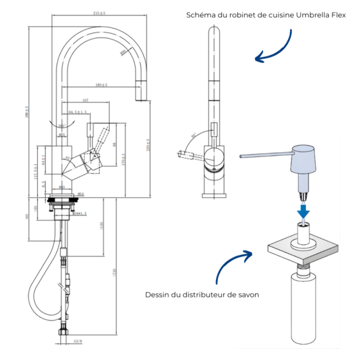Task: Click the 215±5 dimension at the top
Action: [x=99, y=13]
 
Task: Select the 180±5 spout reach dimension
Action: [x=101, y=85]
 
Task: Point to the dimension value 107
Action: [x=85, y=100]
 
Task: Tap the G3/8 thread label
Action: [x=78, y=341]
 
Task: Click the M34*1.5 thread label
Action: [x=80, y=214]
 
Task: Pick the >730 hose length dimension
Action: [x=114, y=273]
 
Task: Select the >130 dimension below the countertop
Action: [x=102, y=226]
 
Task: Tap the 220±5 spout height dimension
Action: [x=148, y=145]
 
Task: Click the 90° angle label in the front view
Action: [x=193, y=135]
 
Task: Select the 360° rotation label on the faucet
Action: [x=61, y=126]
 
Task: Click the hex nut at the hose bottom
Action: [x=64, y=332]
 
